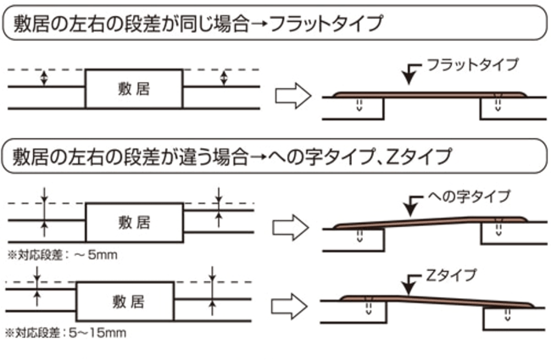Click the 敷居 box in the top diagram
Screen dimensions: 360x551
point(133,89)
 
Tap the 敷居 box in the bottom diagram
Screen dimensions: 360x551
point(125,300)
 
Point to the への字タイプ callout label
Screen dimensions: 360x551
point(470,197)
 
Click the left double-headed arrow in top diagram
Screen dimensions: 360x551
point(43,78)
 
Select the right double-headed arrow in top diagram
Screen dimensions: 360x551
point(224,78)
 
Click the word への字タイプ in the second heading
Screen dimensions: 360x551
point(322,156)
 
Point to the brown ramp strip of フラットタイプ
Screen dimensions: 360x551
point(424,94)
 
